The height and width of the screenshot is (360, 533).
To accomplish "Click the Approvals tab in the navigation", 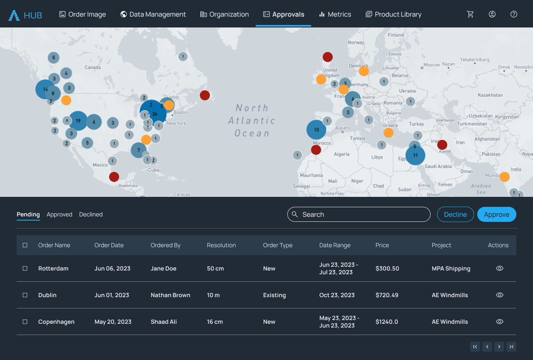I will tap(284, 14).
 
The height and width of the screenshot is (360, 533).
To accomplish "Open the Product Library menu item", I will tap(394, 14).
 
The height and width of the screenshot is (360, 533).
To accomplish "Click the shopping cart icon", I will tap(471, 14).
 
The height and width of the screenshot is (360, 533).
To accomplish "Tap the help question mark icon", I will tap(514, 14).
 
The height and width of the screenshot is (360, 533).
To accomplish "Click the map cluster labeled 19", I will tap(78, 121).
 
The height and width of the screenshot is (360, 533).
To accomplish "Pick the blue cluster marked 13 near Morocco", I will tap(316, 129).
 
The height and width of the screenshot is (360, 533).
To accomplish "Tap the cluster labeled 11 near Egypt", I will tap(415, 155).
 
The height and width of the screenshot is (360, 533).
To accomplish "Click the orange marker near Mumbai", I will tap(505, 177).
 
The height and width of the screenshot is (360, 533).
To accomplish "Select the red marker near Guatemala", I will tap(114, 177).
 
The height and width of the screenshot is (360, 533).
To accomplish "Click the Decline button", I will tap(455, 214).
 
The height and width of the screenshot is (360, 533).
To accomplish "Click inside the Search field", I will tap(362, 214).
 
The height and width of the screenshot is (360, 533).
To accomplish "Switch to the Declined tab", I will tap(91, 214).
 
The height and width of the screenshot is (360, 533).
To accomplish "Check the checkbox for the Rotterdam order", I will tap(25, 268).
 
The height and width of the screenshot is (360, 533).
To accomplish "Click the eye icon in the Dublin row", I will tap(500, 295).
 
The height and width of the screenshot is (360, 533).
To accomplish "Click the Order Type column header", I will tap(278, 245).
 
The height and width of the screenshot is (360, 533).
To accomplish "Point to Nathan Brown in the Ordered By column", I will tap(170, 295).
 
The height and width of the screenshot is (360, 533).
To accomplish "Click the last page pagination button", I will tap(511, 347).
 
